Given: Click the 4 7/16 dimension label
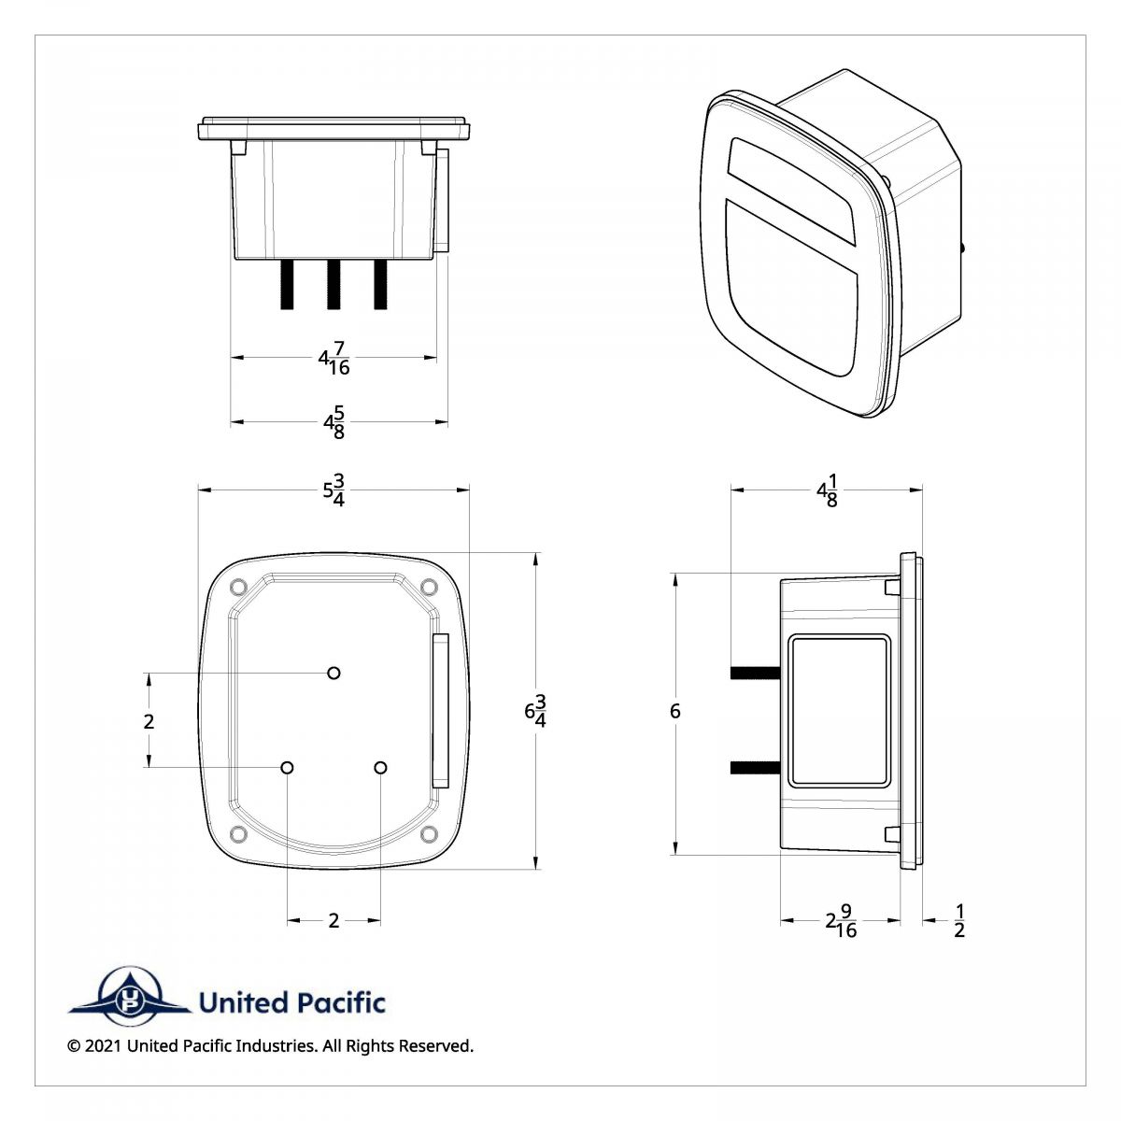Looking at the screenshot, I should click(333, 358).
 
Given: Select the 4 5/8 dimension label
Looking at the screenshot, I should click(333, 422).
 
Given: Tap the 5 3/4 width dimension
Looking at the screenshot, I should click(333, 490).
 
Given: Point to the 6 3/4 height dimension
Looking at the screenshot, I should click(535, 712).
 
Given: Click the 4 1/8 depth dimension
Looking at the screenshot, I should click(827, 490).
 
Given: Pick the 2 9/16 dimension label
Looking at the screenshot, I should click(841, 921).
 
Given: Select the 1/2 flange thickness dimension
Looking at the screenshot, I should click(959, 921).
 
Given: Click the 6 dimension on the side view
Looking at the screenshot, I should click(674, 712).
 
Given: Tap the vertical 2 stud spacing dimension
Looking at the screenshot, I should click(149, 721).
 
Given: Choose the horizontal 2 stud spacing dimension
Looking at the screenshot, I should click(333, 921).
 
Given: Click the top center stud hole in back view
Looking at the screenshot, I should click(333, 673).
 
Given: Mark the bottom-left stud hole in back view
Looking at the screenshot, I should click(288, 767).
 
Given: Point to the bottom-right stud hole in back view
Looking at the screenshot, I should click(380, 767).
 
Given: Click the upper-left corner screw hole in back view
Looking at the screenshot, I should click(237, 587).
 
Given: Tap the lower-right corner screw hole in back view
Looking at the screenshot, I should click(429, 833).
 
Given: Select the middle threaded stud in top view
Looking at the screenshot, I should click(333, 284).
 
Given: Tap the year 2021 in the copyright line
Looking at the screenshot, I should click(103, 1046).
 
